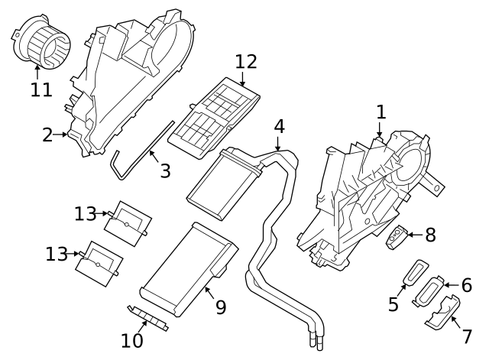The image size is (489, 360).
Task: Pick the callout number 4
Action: pos(279,125)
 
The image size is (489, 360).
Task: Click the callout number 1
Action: pos(380,112)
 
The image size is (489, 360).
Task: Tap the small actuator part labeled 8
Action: pos(398,238)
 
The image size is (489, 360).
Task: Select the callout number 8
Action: pos(429,235)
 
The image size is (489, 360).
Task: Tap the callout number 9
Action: pos(220,307)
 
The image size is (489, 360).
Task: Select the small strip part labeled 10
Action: pos(147,316)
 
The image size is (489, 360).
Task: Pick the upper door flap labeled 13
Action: pos(128,221)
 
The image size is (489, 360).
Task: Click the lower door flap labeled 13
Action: pos(99,261)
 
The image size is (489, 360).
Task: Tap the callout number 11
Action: pos(41,89)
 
